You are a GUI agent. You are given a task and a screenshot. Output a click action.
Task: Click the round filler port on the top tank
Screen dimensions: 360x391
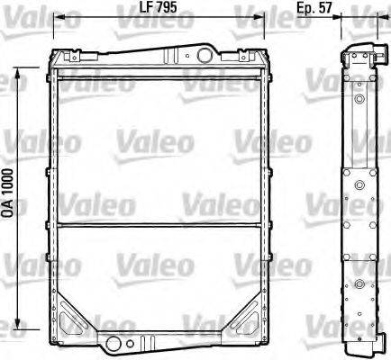[x=204, y=56]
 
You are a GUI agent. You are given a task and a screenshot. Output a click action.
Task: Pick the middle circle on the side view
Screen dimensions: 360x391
[x=359, y=186]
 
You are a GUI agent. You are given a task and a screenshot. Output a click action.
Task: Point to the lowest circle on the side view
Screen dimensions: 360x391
[x=359, y=285]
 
